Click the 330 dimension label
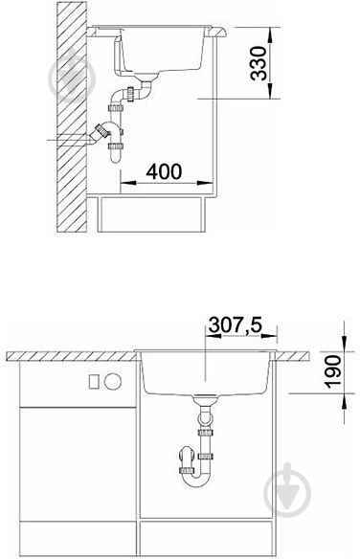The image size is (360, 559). coord(259,63)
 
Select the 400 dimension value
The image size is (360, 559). coord(164,171)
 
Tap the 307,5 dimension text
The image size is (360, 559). coord(236,324)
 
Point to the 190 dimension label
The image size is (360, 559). coord(333,371)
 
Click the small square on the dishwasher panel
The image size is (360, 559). coord(94,382)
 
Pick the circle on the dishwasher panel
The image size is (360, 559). coord(113,381)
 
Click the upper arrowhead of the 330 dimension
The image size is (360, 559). coord(270,35)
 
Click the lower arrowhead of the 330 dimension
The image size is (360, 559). coord(270,91)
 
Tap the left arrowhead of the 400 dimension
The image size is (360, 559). coord(128,183)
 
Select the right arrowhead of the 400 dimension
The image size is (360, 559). coord(206,183)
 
